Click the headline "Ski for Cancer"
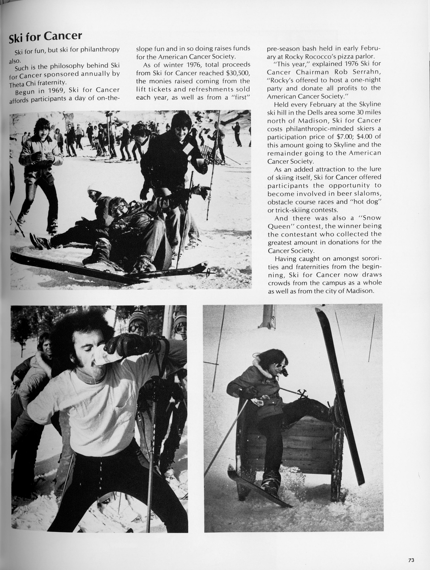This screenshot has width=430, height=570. [x=45, y=37]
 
